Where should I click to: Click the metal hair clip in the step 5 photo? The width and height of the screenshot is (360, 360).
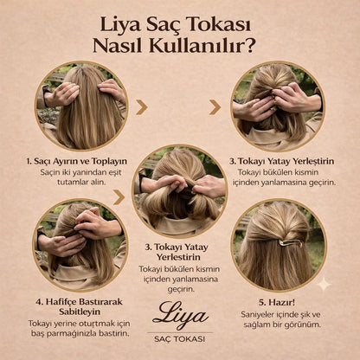(289, 243)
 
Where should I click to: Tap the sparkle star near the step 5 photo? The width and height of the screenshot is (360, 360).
(324, 283)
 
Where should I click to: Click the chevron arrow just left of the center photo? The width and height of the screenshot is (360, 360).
(119, 196)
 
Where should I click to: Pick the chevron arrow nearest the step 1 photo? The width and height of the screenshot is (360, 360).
(141, 106)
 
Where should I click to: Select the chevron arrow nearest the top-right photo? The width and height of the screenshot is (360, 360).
(215, 106)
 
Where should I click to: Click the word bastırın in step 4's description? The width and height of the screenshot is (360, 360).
(111, 333)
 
